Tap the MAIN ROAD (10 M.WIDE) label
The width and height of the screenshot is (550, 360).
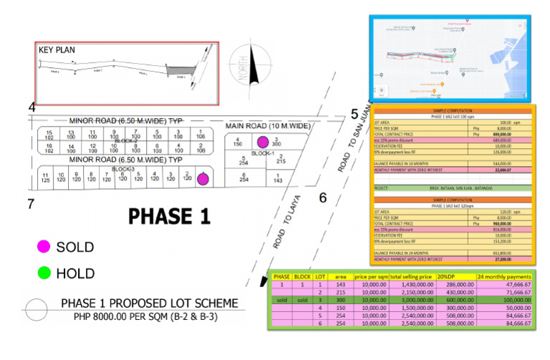coord(269,126)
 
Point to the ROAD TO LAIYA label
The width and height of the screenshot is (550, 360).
coord(289,222)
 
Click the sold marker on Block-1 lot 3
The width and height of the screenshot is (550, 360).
coord(263,142)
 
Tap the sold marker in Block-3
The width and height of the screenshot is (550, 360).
coord(203,179)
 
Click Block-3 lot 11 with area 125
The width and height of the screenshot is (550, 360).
coord(46,178)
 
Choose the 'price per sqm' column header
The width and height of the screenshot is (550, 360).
coord(371,276)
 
